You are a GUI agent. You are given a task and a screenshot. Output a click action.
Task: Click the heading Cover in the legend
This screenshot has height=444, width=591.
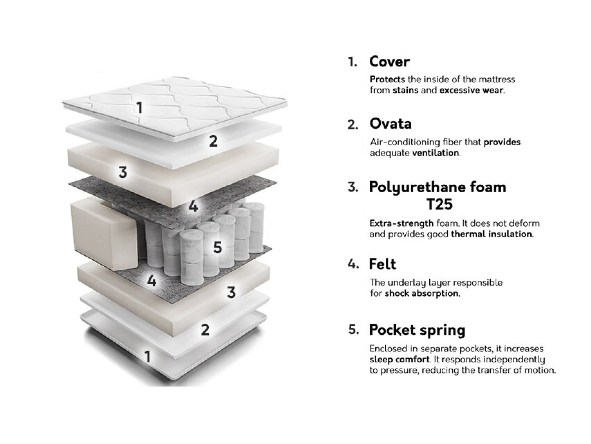pyautogui.click(x=389, y=62)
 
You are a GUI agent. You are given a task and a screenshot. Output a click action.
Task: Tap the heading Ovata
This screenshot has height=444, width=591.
pyautogui.click(x=391, y=124)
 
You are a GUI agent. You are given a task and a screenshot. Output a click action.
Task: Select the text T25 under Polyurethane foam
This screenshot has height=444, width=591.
pyautogui.click(x=440, y=204)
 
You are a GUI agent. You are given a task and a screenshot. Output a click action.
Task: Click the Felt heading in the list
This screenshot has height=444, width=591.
pyautogui.click(x=382, y=264)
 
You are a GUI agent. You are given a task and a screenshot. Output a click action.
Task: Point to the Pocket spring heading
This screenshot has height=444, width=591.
pyautogui.click(x=417, y=330)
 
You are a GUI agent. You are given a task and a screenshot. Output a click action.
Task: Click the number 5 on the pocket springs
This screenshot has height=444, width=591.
pyautogui.click(x=218, y=247)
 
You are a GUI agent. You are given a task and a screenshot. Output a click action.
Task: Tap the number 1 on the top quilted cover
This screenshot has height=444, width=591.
pyautogui.click(x=139, y=108)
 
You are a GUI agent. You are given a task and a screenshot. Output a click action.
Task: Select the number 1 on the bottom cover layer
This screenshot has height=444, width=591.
pyautogui.click(x=148, y=357)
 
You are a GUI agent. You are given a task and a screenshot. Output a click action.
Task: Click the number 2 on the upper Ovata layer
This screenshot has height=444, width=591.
pyautogui.click(x=213, y=141)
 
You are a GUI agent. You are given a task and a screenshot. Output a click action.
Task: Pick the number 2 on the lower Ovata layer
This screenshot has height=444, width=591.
pyautogui.click(x=205, y=330)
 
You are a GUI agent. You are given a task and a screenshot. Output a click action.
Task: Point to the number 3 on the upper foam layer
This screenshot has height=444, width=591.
pyautogui.click(x=123, y=172)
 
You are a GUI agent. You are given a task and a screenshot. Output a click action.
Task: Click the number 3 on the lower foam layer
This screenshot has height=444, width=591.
pyautogui.click(x=231, y=293)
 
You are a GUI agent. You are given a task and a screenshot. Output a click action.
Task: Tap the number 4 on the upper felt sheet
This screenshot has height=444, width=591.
pyautogui.click(x=193, y=206)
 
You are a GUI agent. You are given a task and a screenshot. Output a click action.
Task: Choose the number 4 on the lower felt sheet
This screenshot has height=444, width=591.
pyautogui.click(x=152, y=281)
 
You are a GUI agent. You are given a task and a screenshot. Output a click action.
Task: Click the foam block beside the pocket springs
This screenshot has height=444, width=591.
pyautogui.click(x=104, y=233)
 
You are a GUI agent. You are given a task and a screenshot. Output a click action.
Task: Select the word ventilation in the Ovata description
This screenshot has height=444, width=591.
pyautogui.click(x=436, y=153)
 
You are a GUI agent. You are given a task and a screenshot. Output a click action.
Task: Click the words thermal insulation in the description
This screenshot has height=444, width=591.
pyautogui.click(x=492, y=234)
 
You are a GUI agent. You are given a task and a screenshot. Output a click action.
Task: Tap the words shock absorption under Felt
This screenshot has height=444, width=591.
pyautogui.click(x=422, y=293)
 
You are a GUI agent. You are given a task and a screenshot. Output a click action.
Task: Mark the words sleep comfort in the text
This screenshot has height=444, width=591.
pyautogui.click(x=400, y=360)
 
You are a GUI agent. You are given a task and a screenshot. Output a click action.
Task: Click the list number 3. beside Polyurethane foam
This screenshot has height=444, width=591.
pyautogui.click(x=352, y=187)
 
